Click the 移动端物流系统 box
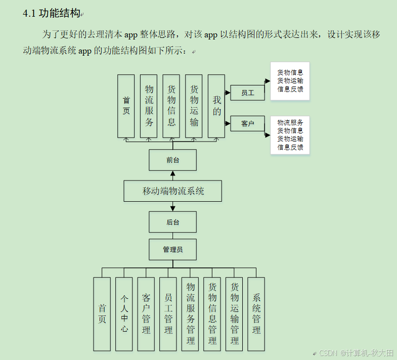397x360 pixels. point(172,191)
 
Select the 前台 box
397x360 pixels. point(172,160)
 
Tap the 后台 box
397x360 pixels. point(172,222)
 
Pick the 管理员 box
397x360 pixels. point(172,249)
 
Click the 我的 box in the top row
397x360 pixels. point(216,106)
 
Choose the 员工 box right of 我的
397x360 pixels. point(248,93)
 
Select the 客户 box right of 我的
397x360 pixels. point(248,123)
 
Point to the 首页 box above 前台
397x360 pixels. point(126,106)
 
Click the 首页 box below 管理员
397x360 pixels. point(102,313)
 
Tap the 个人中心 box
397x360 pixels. point(124,313)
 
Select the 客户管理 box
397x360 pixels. point(146,313)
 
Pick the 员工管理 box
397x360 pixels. point(168,313)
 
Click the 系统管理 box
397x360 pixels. point(256,313)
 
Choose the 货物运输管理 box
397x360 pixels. point(234,313)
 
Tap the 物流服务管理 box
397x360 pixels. point(190,313)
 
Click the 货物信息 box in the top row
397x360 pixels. point(171,106)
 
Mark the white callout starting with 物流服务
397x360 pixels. point(290,135)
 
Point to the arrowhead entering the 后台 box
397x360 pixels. point(172,208)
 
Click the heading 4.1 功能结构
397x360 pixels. point(52,14)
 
